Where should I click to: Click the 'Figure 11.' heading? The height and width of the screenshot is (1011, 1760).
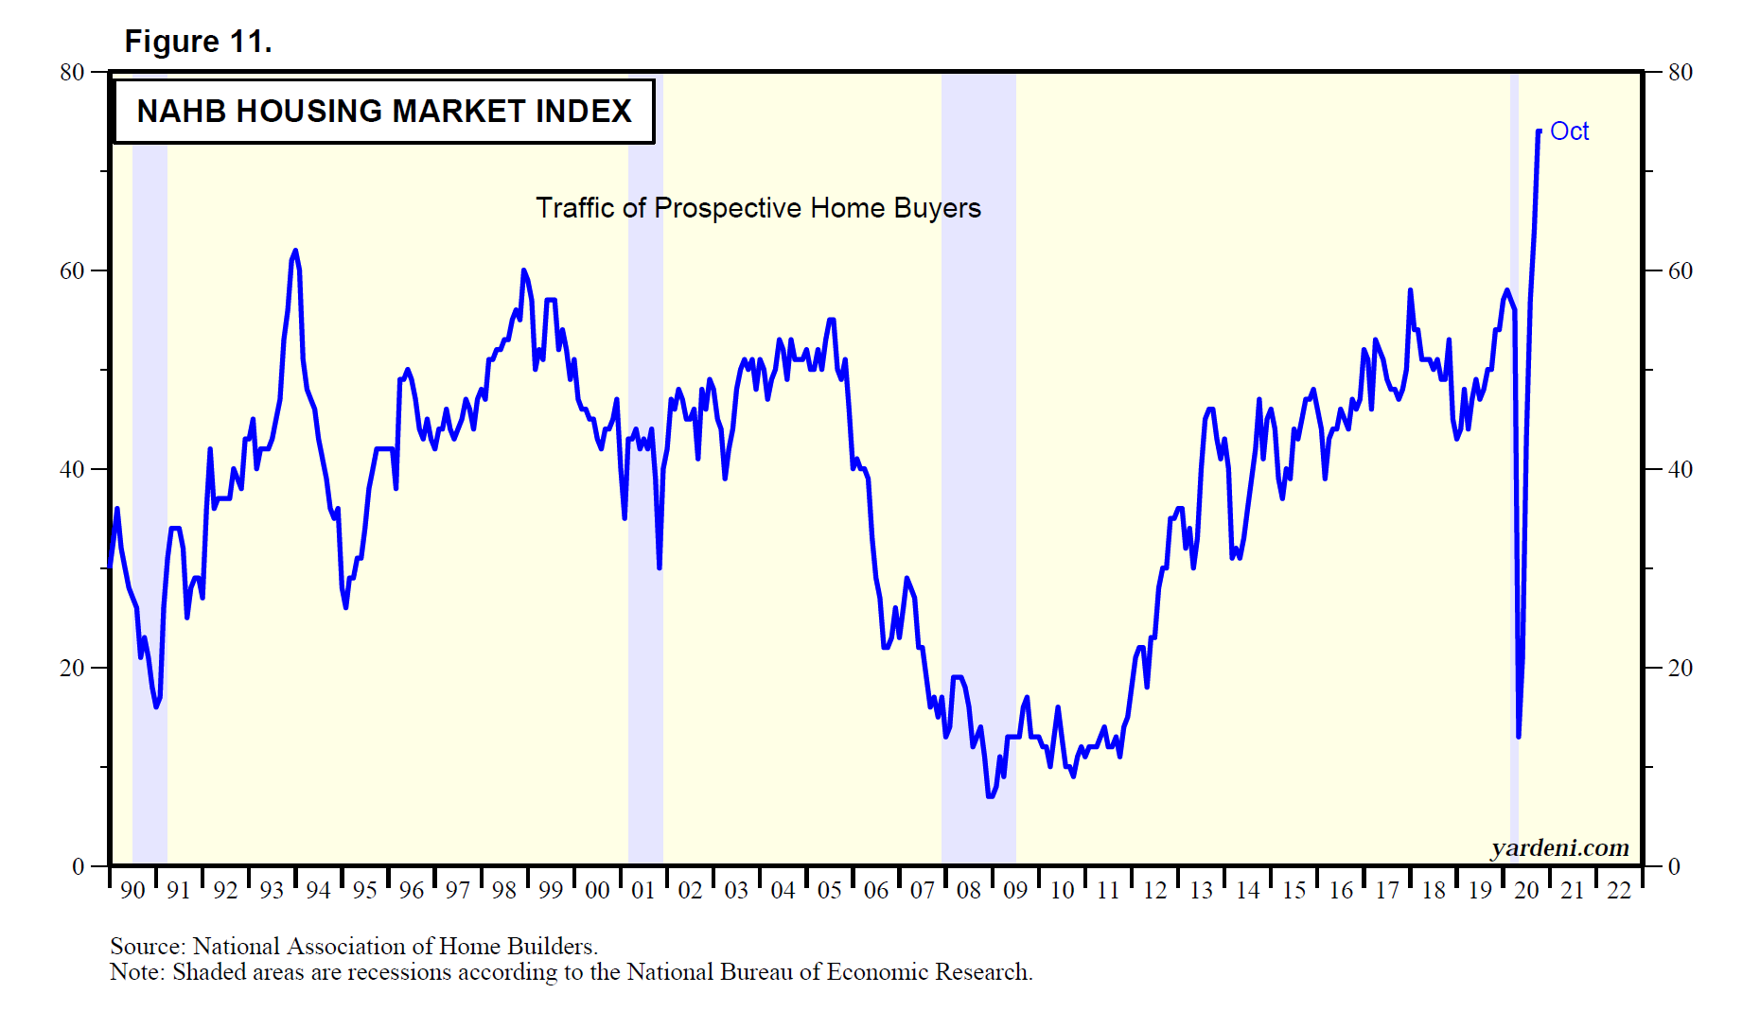(198, 42)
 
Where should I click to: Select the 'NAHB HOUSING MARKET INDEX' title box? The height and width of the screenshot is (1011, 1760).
(383, 112)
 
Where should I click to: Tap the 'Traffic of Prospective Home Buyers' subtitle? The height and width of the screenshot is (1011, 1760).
(758, 208)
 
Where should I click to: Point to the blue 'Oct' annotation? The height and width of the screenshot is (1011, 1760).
(1569, 131)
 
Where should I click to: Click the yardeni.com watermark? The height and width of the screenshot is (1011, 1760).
(1559, 847)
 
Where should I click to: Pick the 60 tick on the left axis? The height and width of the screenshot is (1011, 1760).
(72, 271)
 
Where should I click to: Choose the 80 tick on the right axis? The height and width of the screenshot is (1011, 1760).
(1680, 73)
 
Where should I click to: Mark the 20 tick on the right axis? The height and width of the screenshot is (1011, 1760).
(1680, 669)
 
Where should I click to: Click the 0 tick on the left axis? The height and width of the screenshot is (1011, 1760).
(79, 866)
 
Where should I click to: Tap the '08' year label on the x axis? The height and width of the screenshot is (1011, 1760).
(968, 891)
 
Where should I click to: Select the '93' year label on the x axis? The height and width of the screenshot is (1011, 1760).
(272, 891)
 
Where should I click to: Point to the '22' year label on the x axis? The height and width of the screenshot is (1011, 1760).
(1619, 891)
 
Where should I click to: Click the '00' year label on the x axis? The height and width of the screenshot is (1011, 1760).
(597, 891)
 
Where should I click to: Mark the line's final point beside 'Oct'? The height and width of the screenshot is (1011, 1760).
(1539, 131)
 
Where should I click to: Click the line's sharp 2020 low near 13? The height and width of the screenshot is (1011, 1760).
(1519, 736)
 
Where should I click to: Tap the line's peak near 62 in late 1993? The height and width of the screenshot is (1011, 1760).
(295, 251)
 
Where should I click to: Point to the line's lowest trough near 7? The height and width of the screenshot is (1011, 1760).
(990, 796)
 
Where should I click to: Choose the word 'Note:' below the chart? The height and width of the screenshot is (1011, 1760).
(137, 972)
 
